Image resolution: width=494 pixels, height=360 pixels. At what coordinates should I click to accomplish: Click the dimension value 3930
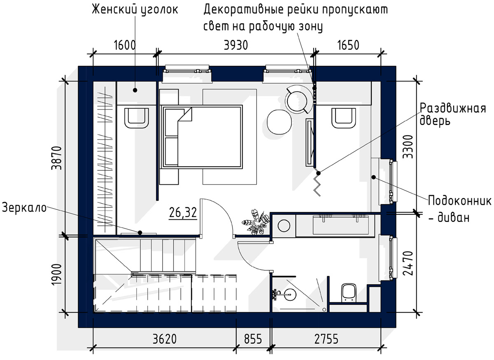tap(236, 45)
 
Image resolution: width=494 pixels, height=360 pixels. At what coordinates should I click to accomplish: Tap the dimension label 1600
tap(125, 45)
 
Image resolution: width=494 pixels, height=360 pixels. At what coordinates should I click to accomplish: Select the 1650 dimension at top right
tap(348, 45)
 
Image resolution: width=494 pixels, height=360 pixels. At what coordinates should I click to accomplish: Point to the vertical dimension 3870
tap(56, 158)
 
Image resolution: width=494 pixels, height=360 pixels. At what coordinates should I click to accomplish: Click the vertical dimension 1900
tap(56, 274)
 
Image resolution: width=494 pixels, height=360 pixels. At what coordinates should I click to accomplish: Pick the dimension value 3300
tap(408, 146)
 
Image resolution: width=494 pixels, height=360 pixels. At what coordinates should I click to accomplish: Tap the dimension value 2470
tap(408, 263)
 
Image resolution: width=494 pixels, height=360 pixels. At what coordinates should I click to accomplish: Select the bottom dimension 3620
tap(165, 339)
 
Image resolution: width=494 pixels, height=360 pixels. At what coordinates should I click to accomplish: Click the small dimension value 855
tap(253, 339)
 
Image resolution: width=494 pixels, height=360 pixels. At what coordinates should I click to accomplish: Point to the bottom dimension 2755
tap(326, 339)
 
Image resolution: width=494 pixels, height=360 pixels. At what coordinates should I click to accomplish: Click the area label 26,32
tap(183, 213)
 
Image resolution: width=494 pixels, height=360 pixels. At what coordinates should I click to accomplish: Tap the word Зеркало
tap(24, 208)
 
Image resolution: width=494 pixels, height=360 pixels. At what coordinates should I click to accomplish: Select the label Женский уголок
tap(135, 10)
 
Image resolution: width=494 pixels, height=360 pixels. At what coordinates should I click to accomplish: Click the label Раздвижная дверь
tap(452, 115)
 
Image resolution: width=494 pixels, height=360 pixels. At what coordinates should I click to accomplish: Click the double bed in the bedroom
tap(202, 137)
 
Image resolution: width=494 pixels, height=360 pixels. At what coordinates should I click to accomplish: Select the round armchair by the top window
tap(299, 100)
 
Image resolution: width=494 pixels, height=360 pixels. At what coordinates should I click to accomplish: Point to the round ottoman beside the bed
tap(280, 122)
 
